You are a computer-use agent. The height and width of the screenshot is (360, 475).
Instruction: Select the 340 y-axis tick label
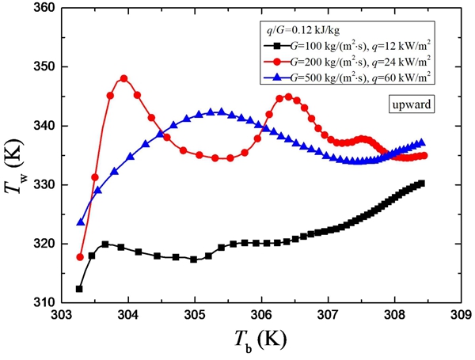[45, 126]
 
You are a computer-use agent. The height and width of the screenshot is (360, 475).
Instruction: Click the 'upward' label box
[408, 104]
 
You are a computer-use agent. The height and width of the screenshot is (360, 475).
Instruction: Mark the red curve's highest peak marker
[124, 78]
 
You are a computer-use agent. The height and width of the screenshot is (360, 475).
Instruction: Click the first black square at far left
[79, 289]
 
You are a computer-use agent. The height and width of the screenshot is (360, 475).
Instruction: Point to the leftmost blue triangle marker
[80, 222]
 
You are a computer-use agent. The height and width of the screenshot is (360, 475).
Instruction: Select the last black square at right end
[421, 184]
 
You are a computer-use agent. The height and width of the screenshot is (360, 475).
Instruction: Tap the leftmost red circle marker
[80, 257]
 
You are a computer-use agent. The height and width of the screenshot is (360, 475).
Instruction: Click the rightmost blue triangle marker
[421, 142]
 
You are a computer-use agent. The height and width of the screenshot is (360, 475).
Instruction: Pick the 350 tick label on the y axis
[45, 67]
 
